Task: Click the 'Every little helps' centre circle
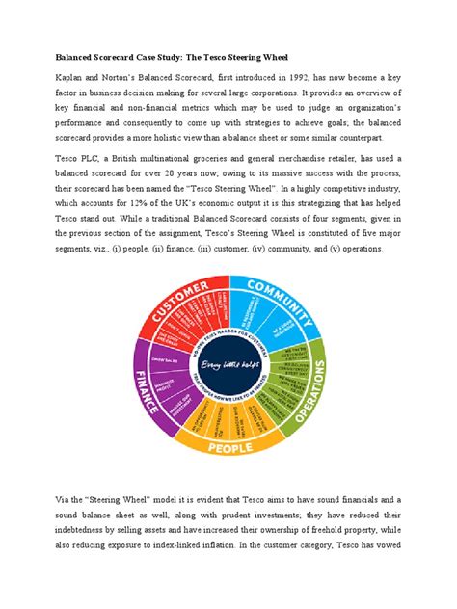228,365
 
